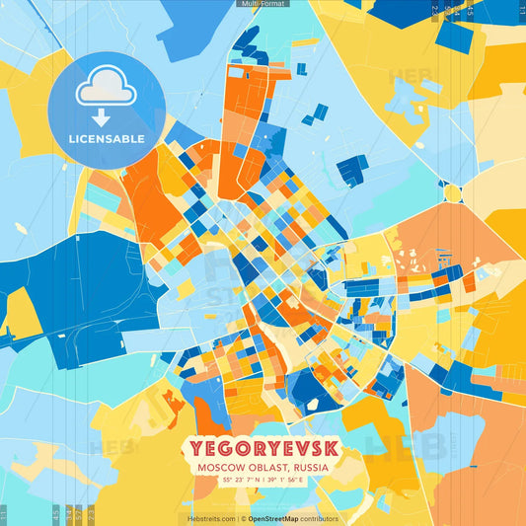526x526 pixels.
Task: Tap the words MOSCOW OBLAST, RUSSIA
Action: pos(262,468)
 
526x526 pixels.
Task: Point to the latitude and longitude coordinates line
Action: pos(262,481)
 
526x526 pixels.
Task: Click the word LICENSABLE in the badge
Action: pos(108,138)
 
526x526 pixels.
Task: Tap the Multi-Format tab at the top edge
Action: pos(263,4)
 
